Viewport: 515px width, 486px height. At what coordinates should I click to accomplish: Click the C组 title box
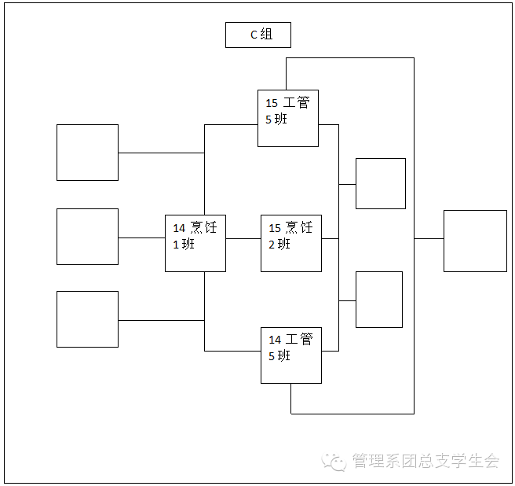coord(258,35)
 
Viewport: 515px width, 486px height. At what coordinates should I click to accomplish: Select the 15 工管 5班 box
coord(288,118)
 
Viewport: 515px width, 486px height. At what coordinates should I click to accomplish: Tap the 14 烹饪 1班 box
coord(195,243)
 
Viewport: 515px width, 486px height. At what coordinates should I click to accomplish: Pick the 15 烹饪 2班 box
coord(291,243)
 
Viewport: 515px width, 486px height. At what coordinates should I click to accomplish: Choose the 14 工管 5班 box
coord(291,355)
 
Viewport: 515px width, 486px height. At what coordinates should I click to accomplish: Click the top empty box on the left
coord(87,153)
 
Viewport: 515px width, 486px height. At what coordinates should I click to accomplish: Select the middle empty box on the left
coord(87,237)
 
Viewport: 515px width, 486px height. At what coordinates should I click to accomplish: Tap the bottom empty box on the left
coord(87,319)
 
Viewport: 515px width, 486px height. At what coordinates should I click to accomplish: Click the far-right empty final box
coord(475,241)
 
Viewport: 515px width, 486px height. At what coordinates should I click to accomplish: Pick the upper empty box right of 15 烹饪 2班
coord(381,183)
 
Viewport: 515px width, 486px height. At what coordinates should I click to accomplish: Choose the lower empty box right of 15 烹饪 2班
coord(379,300)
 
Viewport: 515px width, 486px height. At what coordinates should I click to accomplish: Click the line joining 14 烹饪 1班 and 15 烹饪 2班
coord(243,238)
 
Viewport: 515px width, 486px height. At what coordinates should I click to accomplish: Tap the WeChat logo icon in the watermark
coord(336,462)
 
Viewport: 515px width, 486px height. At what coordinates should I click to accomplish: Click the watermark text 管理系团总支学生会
coord(426,462)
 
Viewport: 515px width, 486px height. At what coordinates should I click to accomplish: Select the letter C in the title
coord(253,35)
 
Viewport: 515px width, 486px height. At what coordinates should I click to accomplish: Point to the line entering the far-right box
coord(429,238)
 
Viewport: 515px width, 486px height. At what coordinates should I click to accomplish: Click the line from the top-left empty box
coord(161,153)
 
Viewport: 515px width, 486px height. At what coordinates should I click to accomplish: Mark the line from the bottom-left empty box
coord(161,320)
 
